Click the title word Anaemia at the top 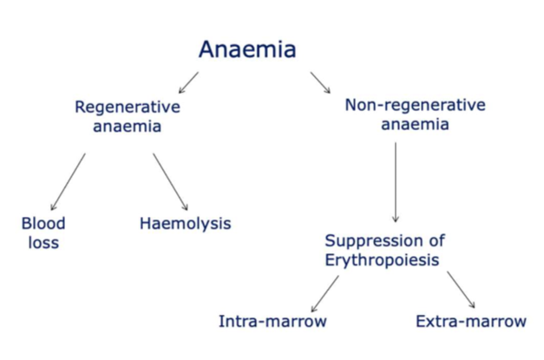click(x=247, y=49)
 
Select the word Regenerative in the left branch click(x=128, y=107)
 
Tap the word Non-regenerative click(x=415, y=105)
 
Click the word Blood click(x=43, y=223)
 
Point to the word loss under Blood click(x=41, y=242)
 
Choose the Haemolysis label click(x=185, y=223)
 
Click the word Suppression click(x=374, y=240)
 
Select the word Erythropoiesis click(x=383, y=259)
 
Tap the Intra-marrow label click(x=272, y=322)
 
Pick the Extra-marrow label click(x=471, y=322)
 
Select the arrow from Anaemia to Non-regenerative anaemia click(x=320, y=83)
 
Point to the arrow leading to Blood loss click(x=69, y=180)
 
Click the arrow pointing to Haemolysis click(x=171, y=180)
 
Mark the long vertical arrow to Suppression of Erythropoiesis click(x=396, y=182)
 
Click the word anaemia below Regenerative click(x=128, y=126)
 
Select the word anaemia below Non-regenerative click(x=415, y=124)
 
